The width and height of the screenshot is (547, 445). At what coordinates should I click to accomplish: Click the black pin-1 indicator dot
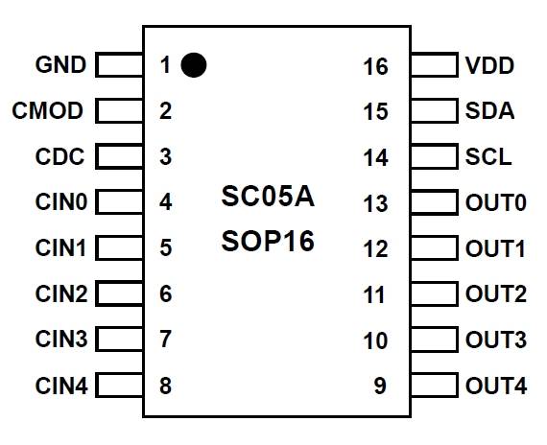(194, 65)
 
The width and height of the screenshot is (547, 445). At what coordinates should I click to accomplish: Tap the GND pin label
(60, 64)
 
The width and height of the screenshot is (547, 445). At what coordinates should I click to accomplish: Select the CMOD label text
(47, 111)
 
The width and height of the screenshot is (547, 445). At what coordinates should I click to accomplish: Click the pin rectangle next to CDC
(119, 156)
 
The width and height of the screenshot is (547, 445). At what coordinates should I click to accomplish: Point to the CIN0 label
(61, 202)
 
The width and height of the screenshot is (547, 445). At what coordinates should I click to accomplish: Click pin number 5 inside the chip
(166, 247)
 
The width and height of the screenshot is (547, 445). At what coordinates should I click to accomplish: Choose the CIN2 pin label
(61, 293)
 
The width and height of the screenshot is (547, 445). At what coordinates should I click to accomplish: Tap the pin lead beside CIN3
(119, 339)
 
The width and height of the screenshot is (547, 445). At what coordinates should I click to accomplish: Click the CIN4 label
(61, 386)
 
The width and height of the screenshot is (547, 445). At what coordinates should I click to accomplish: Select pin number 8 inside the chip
(166, 386)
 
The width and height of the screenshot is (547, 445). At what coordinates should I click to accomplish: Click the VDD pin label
(489, 65)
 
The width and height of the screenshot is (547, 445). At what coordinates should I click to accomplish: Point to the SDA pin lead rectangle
(435, 111)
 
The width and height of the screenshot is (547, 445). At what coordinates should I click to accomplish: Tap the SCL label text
(488, 156)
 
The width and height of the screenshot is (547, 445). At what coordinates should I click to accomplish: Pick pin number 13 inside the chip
(375, 203)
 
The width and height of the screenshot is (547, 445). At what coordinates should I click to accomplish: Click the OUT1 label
(495, 249)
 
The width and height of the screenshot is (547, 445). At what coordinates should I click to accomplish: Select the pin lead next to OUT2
(435, 293)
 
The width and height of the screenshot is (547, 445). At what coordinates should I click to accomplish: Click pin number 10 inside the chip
(375, 340)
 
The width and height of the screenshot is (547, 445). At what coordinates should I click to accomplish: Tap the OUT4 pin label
(496, 386)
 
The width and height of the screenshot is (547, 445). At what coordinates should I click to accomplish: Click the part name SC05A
(268, 197)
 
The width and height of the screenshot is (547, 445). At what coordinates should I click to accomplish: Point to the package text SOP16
(268, 242)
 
